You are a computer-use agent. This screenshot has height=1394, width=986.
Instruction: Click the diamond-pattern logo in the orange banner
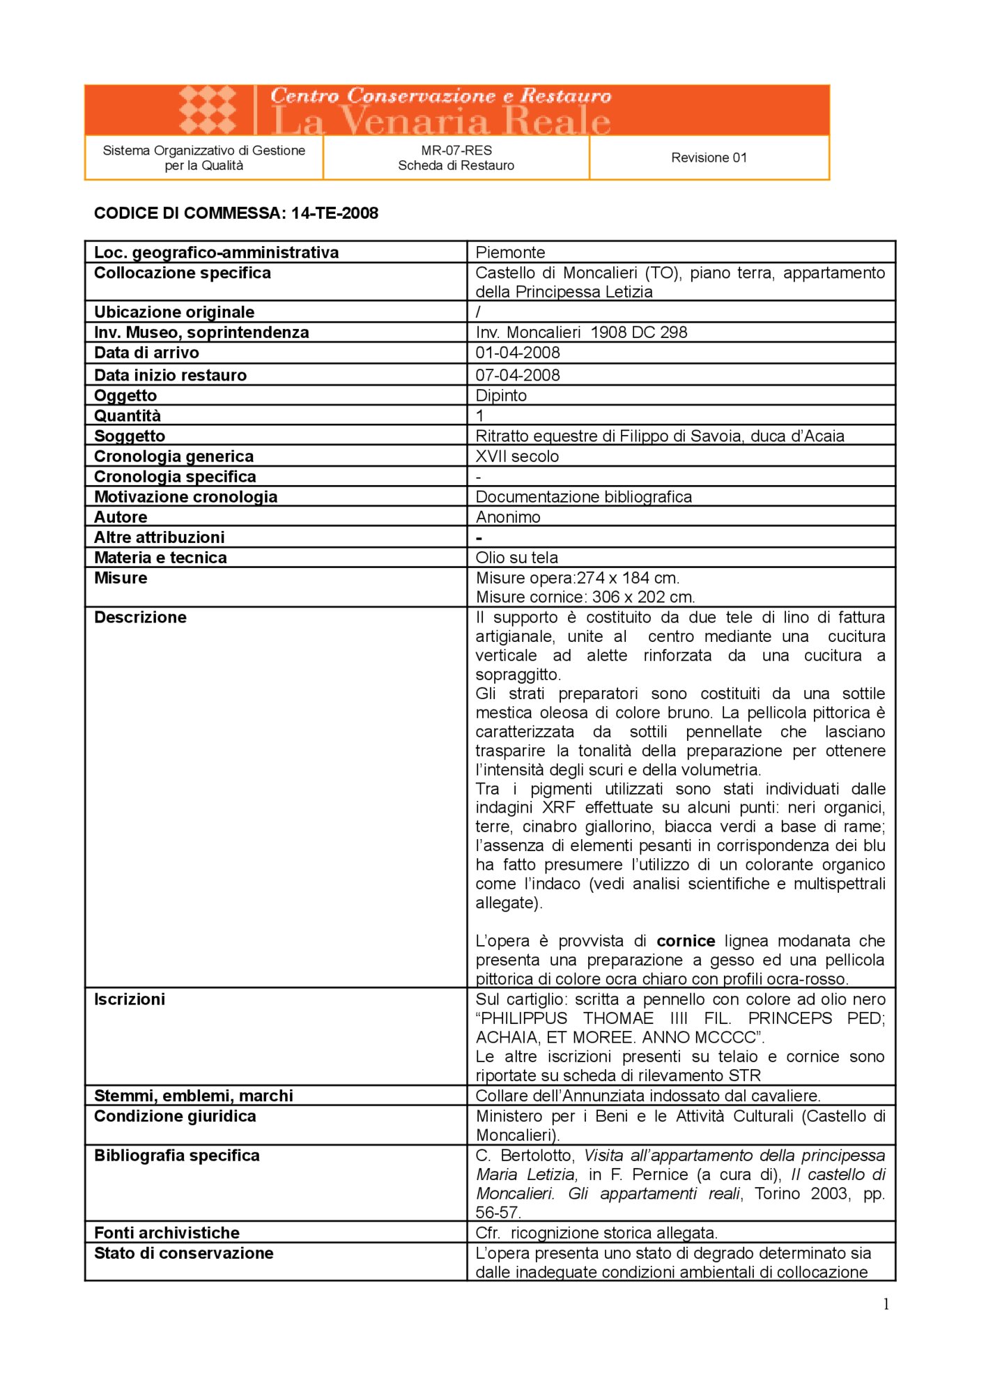208,110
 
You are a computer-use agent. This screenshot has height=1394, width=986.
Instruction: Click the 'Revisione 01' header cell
709,158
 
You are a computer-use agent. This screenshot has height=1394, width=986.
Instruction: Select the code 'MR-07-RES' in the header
456,150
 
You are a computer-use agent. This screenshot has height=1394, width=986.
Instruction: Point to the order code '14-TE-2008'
334,213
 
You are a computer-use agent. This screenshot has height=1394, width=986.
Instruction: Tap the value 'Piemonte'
510,252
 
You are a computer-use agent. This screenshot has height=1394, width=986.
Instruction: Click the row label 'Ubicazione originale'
174,312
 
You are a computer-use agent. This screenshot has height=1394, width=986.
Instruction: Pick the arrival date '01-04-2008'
518,353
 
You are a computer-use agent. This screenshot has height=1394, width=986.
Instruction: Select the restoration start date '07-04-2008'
518,375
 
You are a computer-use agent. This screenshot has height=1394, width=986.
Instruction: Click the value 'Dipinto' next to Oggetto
501,395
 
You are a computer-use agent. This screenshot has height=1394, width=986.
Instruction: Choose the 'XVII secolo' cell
517,457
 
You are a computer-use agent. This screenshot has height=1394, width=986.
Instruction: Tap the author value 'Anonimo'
508,517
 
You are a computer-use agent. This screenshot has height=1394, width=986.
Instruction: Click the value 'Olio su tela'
516,558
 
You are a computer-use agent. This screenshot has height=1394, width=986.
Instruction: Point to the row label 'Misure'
121,578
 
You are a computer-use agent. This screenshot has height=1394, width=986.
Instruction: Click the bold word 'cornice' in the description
686,941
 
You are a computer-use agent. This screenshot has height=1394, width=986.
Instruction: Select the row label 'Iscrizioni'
130,999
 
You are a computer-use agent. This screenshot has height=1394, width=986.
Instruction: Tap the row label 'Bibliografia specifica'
176,1156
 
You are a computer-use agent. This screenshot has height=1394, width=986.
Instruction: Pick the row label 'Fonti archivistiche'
167,1233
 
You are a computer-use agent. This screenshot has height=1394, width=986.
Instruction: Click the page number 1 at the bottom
886,1305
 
